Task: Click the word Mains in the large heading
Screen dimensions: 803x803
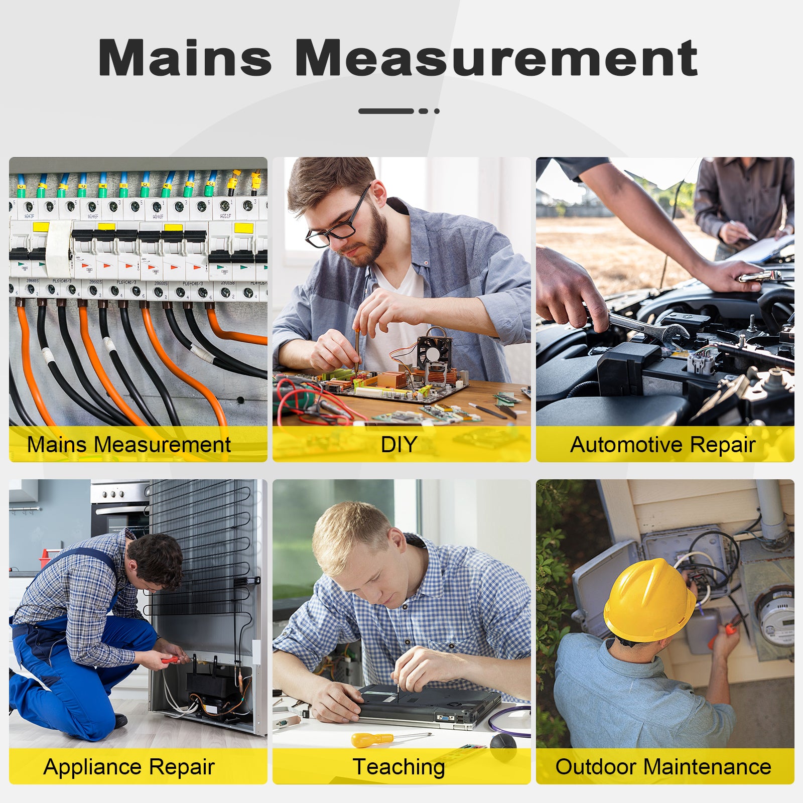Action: coord(185,58)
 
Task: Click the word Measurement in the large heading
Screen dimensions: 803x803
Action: coord(496,58)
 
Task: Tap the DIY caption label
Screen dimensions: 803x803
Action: coord(399,445)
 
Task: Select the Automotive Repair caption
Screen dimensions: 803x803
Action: coord(663,445)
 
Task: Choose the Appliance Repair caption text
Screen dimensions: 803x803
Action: coord(129,767)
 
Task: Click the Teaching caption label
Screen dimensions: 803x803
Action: coord(399,767)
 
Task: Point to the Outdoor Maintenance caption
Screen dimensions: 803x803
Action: coord(663,767)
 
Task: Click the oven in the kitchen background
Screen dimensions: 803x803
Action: coord(120,507)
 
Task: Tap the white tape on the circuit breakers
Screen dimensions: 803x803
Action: coord(59,248)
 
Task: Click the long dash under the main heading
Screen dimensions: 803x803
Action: coord(386,111)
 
